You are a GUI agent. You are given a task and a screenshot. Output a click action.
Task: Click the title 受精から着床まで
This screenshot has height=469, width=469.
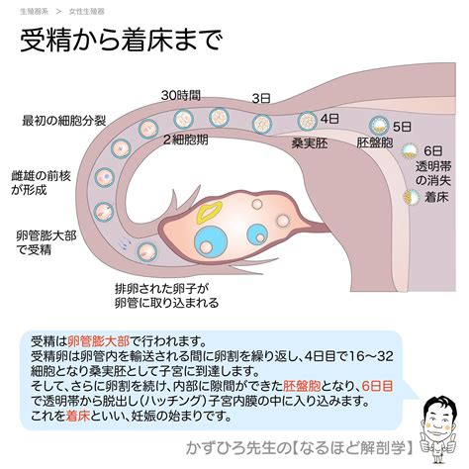(122, 41)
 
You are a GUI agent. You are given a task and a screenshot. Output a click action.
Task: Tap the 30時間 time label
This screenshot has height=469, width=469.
(181, 96)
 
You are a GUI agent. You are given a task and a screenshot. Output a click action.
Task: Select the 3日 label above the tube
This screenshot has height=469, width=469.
(261, 98)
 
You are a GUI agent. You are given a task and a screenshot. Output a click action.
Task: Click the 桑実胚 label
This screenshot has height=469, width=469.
(310, 143)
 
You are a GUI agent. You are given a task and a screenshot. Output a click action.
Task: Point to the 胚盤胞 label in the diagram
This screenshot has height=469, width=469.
(375, 142)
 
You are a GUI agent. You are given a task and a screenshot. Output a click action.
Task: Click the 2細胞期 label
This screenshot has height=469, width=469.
(186, 140)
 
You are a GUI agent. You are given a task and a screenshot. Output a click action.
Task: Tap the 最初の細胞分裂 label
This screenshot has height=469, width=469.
(64, 121)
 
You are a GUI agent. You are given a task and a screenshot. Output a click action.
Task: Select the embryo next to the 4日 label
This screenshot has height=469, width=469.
(307, 121)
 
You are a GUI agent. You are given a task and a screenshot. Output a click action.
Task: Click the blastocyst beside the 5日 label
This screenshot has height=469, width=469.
(379, 126)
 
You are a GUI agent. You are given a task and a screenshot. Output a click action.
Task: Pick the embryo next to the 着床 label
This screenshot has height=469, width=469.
(412, 197)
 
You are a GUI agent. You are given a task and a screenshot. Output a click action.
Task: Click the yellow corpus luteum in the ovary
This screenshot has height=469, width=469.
(209, 212)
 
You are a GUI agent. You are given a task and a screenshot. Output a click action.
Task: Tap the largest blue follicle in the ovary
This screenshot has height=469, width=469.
(211, 242)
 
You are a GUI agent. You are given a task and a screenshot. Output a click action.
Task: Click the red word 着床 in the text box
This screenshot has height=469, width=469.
(78, 416)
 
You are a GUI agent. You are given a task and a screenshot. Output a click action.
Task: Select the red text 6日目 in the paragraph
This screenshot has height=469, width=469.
(377, 386)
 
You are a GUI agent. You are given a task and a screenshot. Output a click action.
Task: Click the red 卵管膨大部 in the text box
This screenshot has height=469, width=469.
(99, 341)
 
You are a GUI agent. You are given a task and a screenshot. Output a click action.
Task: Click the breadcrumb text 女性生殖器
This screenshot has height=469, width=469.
(87, 12)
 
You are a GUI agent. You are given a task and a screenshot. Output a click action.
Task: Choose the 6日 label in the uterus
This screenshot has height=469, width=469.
(433, 151)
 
